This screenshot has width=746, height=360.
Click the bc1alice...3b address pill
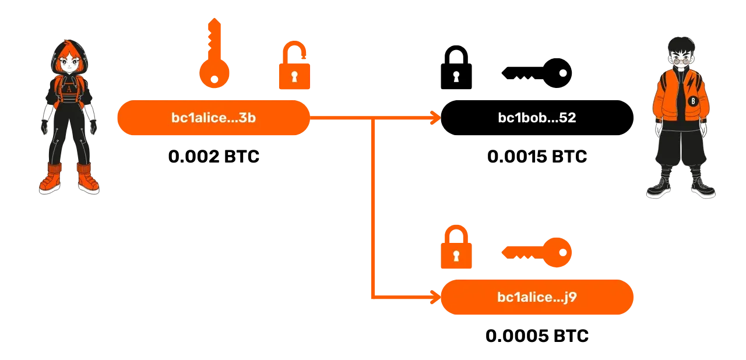pos(213,118)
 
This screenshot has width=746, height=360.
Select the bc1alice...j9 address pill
pos(537,297)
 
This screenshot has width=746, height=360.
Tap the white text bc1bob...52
pos(537,118)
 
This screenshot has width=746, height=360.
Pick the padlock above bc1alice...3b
pos(294,66)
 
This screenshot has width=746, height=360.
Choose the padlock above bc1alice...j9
pos(456,248)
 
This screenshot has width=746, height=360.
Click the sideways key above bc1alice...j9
pos(537,252)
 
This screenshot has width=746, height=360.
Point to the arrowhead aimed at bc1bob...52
pos(435,118)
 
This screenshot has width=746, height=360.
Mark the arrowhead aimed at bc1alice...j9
pos(435,297)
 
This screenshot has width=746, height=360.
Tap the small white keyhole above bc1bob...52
pos(456,76)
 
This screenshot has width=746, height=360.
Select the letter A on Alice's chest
pos(69,89)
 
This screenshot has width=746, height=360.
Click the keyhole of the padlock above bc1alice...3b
pos(294,76)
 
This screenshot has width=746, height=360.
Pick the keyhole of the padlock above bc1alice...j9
pos(456,256)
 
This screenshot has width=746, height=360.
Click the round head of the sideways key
pos(558,252)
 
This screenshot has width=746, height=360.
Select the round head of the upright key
pos(215,73)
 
